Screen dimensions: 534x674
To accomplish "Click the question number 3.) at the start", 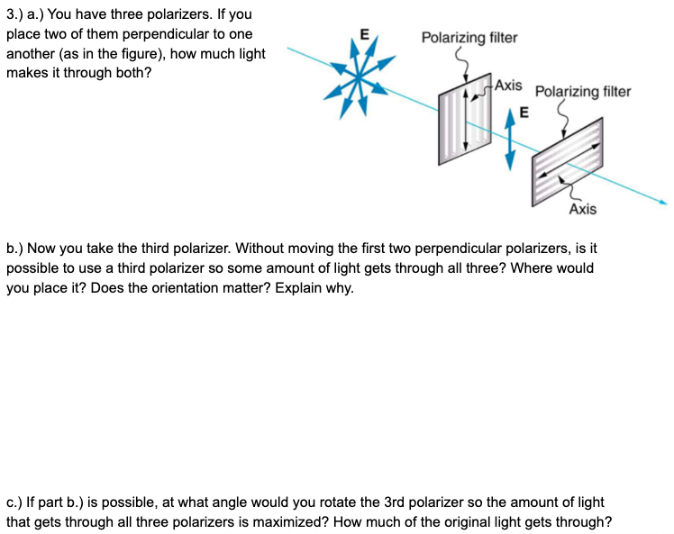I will (15, 15).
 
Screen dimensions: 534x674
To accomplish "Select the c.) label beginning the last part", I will (16, 502).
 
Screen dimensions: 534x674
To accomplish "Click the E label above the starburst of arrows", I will (364, 34).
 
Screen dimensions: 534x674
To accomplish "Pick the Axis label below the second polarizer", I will (582, 209).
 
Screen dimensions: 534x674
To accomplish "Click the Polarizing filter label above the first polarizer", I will (469, 38).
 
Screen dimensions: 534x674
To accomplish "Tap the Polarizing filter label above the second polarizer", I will (583, 91).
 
